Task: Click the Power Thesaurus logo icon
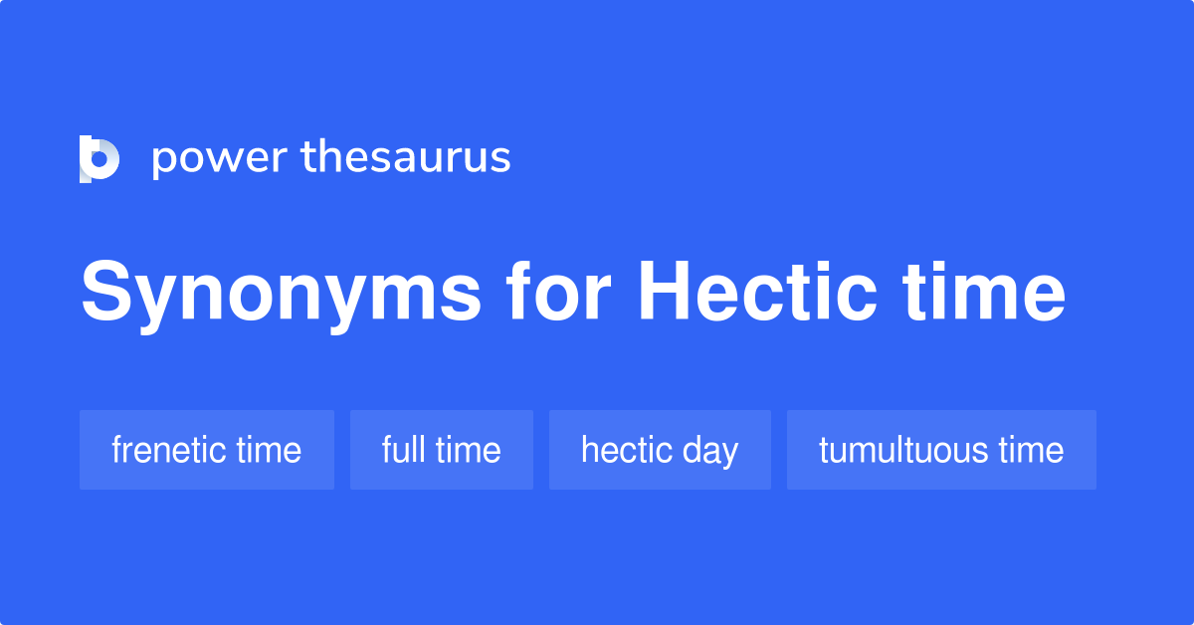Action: point(99,159)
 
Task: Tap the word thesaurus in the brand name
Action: point(406,157)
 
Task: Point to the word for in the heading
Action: point(558,293)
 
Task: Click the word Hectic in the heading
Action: point(757,293)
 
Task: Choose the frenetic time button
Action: point(207,450)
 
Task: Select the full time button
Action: point(442,450)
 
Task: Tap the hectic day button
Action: point(660,450)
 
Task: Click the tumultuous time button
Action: point(941,450)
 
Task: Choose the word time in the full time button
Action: point(468,450)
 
